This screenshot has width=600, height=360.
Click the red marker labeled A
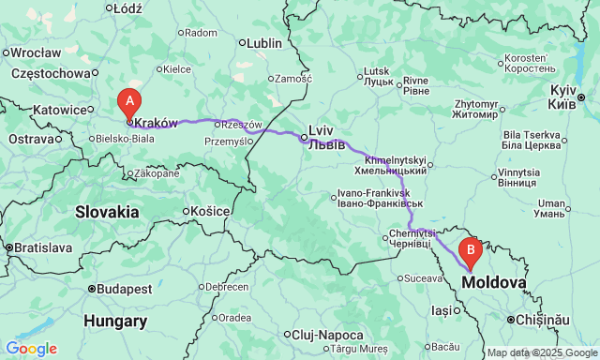(128, 100)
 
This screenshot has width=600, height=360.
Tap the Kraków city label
(156, 122)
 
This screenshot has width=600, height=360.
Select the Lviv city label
(322, 130)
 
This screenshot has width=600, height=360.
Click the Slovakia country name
(108, 212)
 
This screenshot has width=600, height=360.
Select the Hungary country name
(115, 322)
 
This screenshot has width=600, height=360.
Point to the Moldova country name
(493, 281)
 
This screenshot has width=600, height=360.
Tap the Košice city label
(212, 211)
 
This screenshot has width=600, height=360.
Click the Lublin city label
(262, 42)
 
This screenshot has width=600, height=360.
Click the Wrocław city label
(37, 52)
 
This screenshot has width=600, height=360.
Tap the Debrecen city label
(227, 286)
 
